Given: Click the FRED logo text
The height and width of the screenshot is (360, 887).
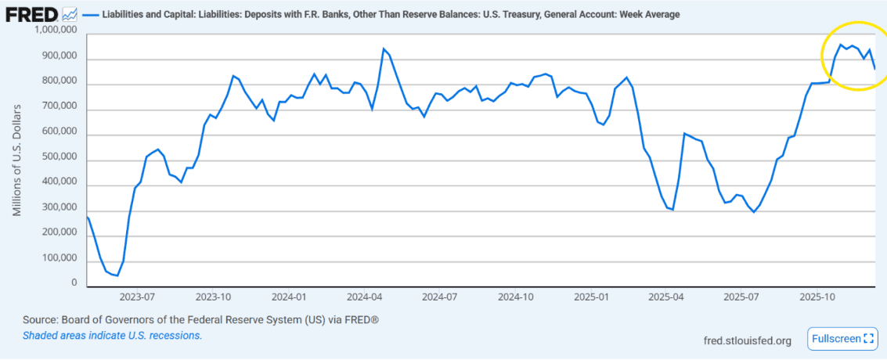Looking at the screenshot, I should click(31, 13).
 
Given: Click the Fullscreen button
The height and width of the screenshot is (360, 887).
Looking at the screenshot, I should click(842, 339).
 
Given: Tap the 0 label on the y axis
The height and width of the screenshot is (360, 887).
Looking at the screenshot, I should click(74, 283).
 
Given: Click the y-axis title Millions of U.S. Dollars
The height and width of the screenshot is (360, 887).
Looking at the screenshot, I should click(18, 157).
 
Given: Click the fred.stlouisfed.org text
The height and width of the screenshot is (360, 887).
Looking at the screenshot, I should click(748, 340).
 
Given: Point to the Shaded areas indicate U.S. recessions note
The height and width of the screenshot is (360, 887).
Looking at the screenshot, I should click(112, 335).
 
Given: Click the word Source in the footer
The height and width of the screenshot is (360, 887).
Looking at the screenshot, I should click(41, 321).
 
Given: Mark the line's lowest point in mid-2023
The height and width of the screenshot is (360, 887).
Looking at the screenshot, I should click(117, 275).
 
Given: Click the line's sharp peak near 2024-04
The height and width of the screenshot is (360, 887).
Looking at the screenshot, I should click(384, 49).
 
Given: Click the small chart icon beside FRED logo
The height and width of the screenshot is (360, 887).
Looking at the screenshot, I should click(70, 13).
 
